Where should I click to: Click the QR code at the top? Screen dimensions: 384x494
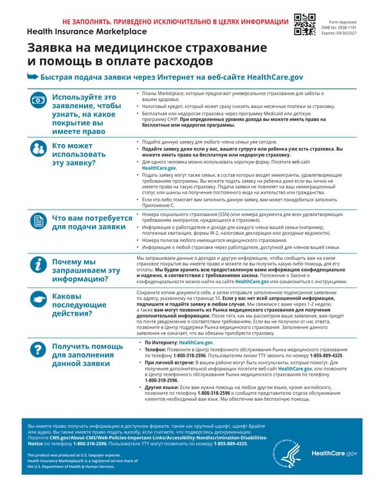[x=304, y=24]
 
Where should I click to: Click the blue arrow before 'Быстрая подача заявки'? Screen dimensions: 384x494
[x=32, y=76]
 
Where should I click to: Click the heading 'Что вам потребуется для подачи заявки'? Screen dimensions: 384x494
[x=89, y=222]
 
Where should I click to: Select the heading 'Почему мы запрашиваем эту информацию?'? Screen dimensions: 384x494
[x=86, y=271]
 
